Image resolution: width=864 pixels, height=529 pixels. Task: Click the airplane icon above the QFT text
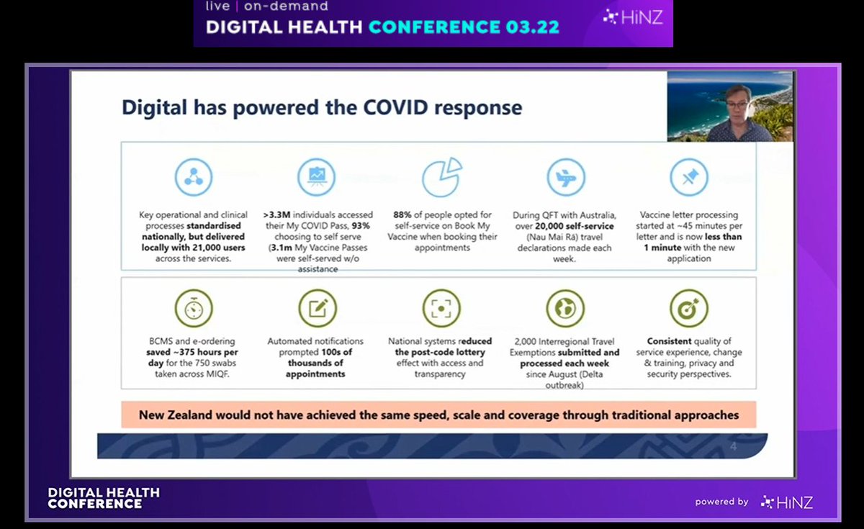(x=565, y=177)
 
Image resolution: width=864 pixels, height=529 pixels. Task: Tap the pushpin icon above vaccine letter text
(x=689, y=177)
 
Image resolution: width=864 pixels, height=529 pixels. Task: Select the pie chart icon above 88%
(x=441, y=177)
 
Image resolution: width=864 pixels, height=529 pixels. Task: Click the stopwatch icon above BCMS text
(x=194, y=308)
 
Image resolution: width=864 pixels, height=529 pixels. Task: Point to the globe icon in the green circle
(x=565, y=308)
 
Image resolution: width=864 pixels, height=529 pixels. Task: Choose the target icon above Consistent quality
(x=689, y=308)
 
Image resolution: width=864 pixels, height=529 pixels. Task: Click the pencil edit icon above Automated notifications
(x=318, y=308)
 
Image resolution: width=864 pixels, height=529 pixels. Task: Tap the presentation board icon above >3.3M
(x=318, y=177)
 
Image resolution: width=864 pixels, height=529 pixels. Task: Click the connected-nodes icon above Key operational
(x=194, y=177)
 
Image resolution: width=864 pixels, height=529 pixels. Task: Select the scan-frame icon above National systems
(x=441, y=308)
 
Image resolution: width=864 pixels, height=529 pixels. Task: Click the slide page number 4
(x=733, y=447)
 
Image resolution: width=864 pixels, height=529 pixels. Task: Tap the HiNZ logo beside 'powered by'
(x=786, y=502)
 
